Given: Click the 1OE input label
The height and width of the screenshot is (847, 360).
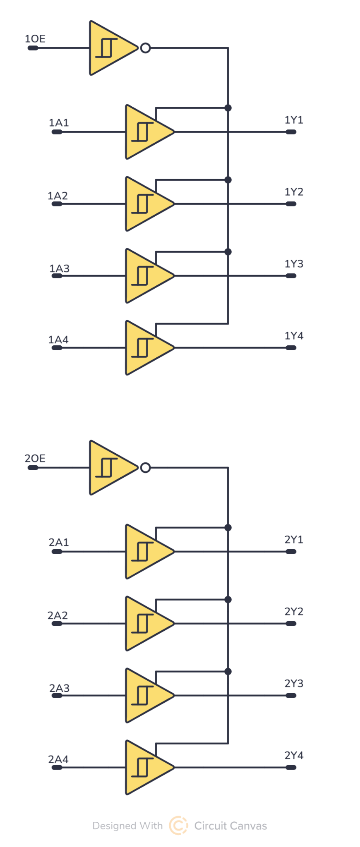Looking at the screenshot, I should (x=35, y=39).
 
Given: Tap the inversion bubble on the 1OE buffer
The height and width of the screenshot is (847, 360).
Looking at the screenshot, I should (x=145, y=48).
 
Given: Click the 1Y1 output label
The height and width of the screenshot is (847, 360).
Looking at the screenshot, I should (x=294, y=120).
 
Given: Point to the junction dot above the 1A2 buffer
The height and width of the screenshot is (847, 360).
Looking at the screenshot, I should (x=228, y=180).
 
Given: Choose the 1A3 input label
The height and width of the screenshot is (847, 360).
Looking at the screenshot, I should (x=59, y=268).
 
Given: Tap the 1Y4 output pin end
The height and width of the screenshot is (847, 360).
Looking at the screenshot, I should (x=291, y=348).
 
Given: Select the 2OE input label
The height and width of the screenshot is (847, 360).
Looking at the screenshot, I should (x=35, y=458).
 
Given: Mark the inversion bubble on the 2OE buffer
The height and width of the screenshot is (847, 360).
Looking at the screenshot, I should (x=145, y=468).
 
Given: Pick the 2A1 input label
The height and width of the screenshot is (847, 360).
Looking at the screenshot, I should (x=59, y=542).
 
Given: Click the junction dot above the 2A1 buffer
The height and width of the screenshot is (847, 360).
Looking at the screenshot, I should (x=228, y=528).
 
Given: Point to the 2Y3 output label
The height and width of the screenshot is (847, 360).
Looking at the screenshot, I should (x=294, y=684).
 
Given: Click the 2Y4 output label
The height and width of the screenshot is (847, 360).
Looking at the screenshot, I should (x=294, y=756).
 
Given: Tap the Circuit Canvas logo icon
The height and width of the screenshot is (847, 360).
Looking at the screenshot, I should (x=178, y=825).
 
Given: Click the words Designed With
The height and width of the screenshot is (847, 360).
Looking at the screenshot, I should (x=127, y=826).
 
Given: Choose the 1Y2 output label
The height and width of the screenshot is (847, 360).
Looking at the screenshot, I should (x=294, y=192).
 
